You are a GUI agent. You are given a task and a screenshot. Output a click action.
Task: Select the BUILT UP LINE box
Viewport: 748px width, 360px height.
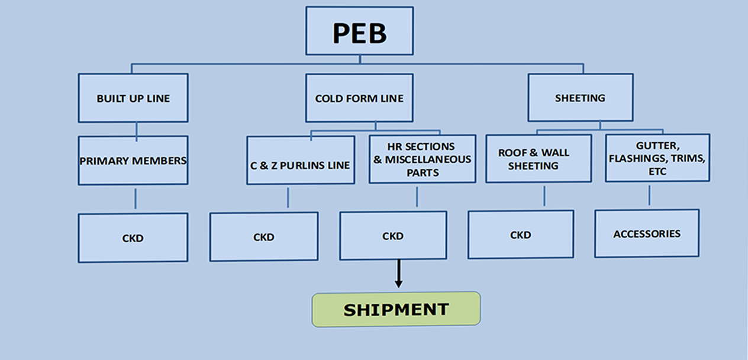133,98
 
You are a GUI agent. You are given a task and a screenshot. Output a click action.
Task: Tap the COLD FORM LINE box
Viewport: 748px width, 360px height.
359,98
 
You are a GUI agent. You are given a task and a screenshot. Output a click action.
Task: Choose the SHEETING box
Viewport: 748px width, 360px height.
580,98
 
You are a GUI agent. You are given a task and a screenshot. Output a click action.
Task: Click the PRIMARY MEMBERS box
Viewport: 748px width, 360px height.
133,160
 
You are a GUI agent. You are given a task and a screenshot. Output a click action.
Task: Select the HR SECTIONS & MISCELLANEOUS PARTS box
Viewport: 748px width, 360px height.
422,159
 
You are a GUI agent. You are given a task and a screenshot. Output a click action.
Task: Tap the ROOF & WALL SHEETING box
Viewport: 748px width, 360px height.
538,159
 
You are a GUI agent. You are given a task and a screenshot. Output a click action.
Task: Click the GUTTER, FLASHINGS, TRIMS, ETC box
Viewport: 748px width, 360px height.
657,158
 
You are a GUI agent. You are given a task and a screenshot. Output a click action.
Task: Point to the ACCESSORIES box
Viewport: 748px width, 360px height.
647,233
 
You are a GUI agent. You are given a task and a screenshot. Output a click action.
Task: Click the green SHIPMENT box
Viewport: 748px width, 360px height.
396,309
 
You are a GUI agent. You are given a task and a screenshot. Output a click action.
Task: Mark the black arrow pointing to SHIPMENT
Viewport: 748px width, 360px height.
399,274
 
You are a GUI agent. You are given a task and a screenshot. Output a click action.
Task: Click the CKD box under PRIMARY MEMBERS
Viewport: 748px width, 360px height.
133,238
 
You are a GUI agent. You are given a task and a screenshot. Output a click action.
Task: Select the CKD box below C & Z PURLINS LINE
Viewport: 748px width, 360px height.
264,237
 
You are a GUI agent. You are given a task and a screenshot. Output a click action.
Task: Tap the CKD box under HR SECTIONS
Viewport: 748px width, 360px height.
393,236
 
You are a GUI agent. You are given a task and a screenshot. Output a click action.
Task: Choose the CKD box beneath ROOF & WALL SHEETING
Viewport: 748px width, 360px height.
521,234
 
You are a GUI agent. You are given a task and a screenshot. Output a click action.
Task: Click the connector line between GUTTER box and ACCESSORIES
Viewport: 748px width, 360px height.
649,195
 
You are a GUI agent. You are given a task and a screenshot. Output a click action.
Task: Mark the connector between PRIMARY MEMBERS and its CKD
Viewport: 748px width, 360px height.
135,199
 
